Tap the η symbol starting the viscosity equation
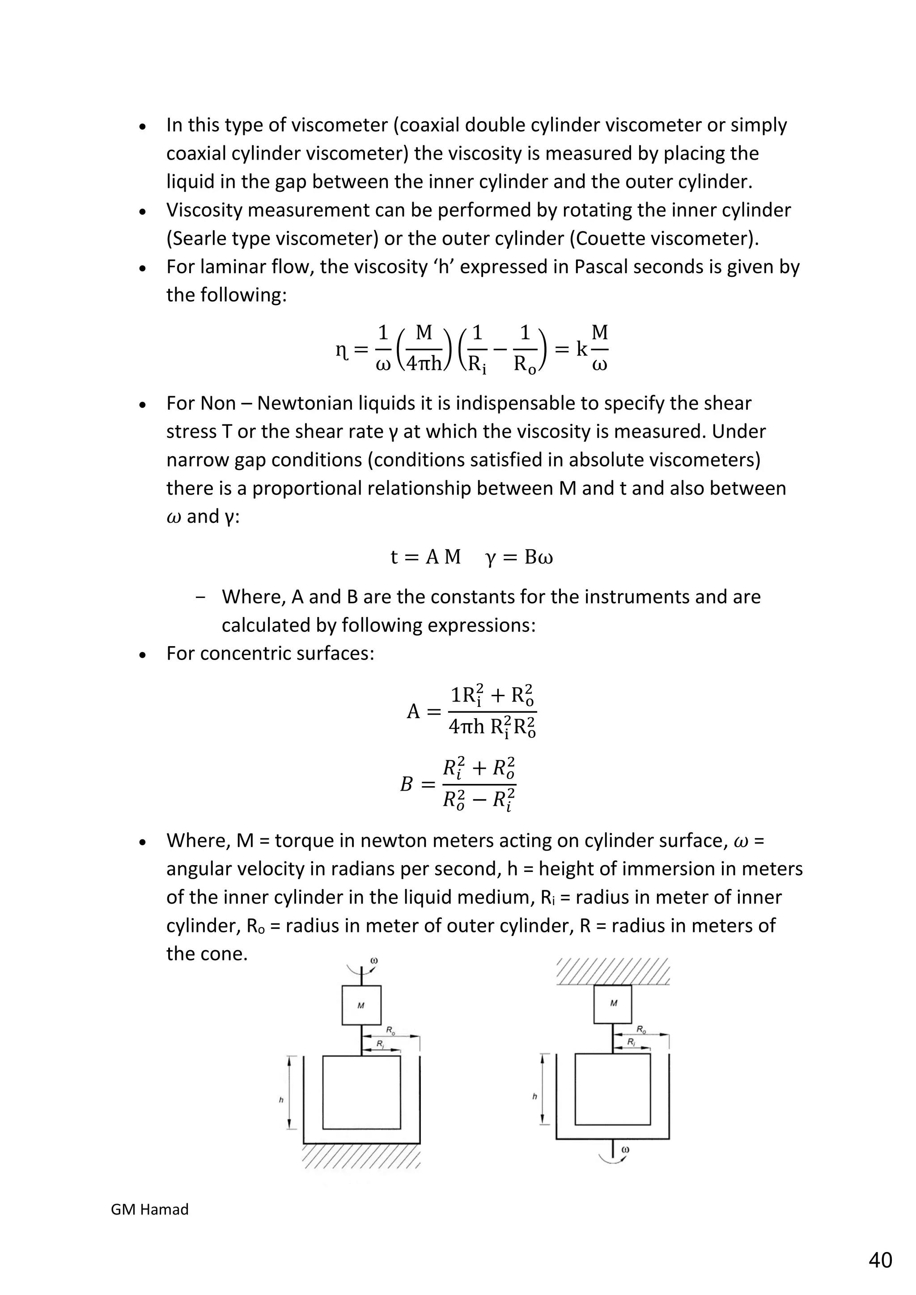click(341, 350)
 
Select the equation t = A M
click(426, 557)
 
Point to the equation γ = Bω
click(519, 557)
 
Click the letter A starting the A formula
click(413, 712)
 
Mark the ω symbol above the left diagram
click(374, 961)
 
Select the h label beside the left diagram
click(281, 1100)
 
